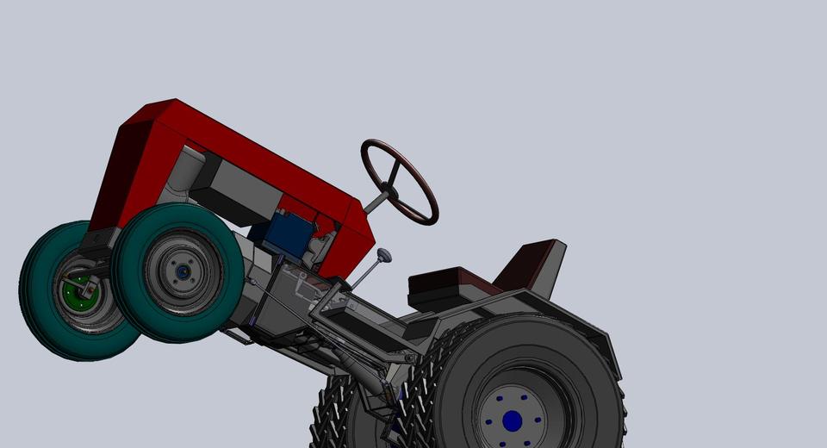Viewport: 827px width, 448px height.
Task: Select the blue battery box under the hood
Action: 284,233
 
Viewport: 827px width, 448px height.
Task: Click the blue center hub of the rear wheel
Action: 512,420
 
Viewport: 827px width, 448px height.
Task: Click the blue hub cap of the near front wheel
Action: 183,272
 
